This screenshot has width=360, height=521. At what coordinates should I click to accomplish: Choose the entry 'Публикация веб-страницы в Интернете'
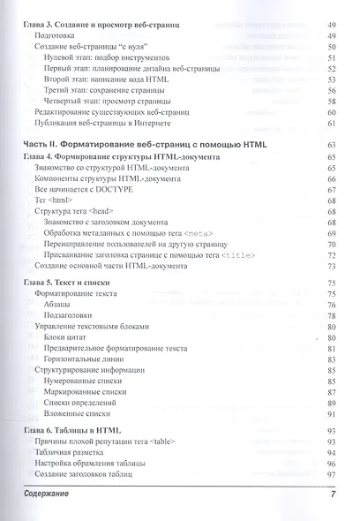pyautogui.click(x=99, y=126)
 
